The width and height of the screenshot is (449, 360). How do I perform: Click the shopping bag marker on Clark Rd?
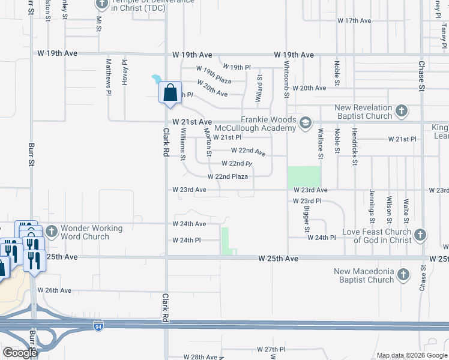pyautogui.click(x=170, y=93)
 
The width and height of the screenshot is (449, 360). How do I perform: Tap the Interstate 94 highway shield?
pyautogui.click(x=98, y=326)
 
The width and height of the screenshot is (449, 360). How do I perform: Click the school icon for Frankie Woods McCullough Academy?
pyautogui.click(x=306, y=124)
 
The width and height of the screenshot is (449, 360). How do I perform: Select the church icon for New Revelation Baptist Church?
pyautogui.click(x=402, y=111)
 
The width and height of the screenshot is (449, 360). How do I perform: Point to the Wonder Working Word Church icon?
pyautogui.click(x=52, y=231)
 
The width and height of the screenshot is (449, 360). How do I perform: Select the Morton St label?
pyautogui.click(x=208, y=142)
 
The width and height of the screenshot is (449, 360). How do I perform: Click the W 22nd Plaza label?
pyautogui.click(x=228, y=176)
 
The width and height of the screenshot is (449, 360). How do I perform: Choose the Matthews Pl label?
pyautogui.click(x=109, y=76)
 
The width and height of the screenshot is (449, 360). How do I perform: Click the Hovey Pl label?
pyautogui.click(x=125, y=72)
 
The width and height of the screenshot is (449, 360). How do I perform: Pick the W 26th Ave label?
pyautogui.click(x=55, y=290)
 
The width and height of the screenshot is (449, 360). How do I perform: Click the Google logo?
pyautogui.click(x=20, y=353)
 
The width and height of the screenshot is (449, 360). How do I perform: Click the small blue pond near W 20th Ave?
pyautogui.click(x=156, y=79)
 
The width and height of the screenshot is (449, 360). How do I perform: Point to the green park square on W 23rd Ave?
pyautogui.click(x=304, y=177)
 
